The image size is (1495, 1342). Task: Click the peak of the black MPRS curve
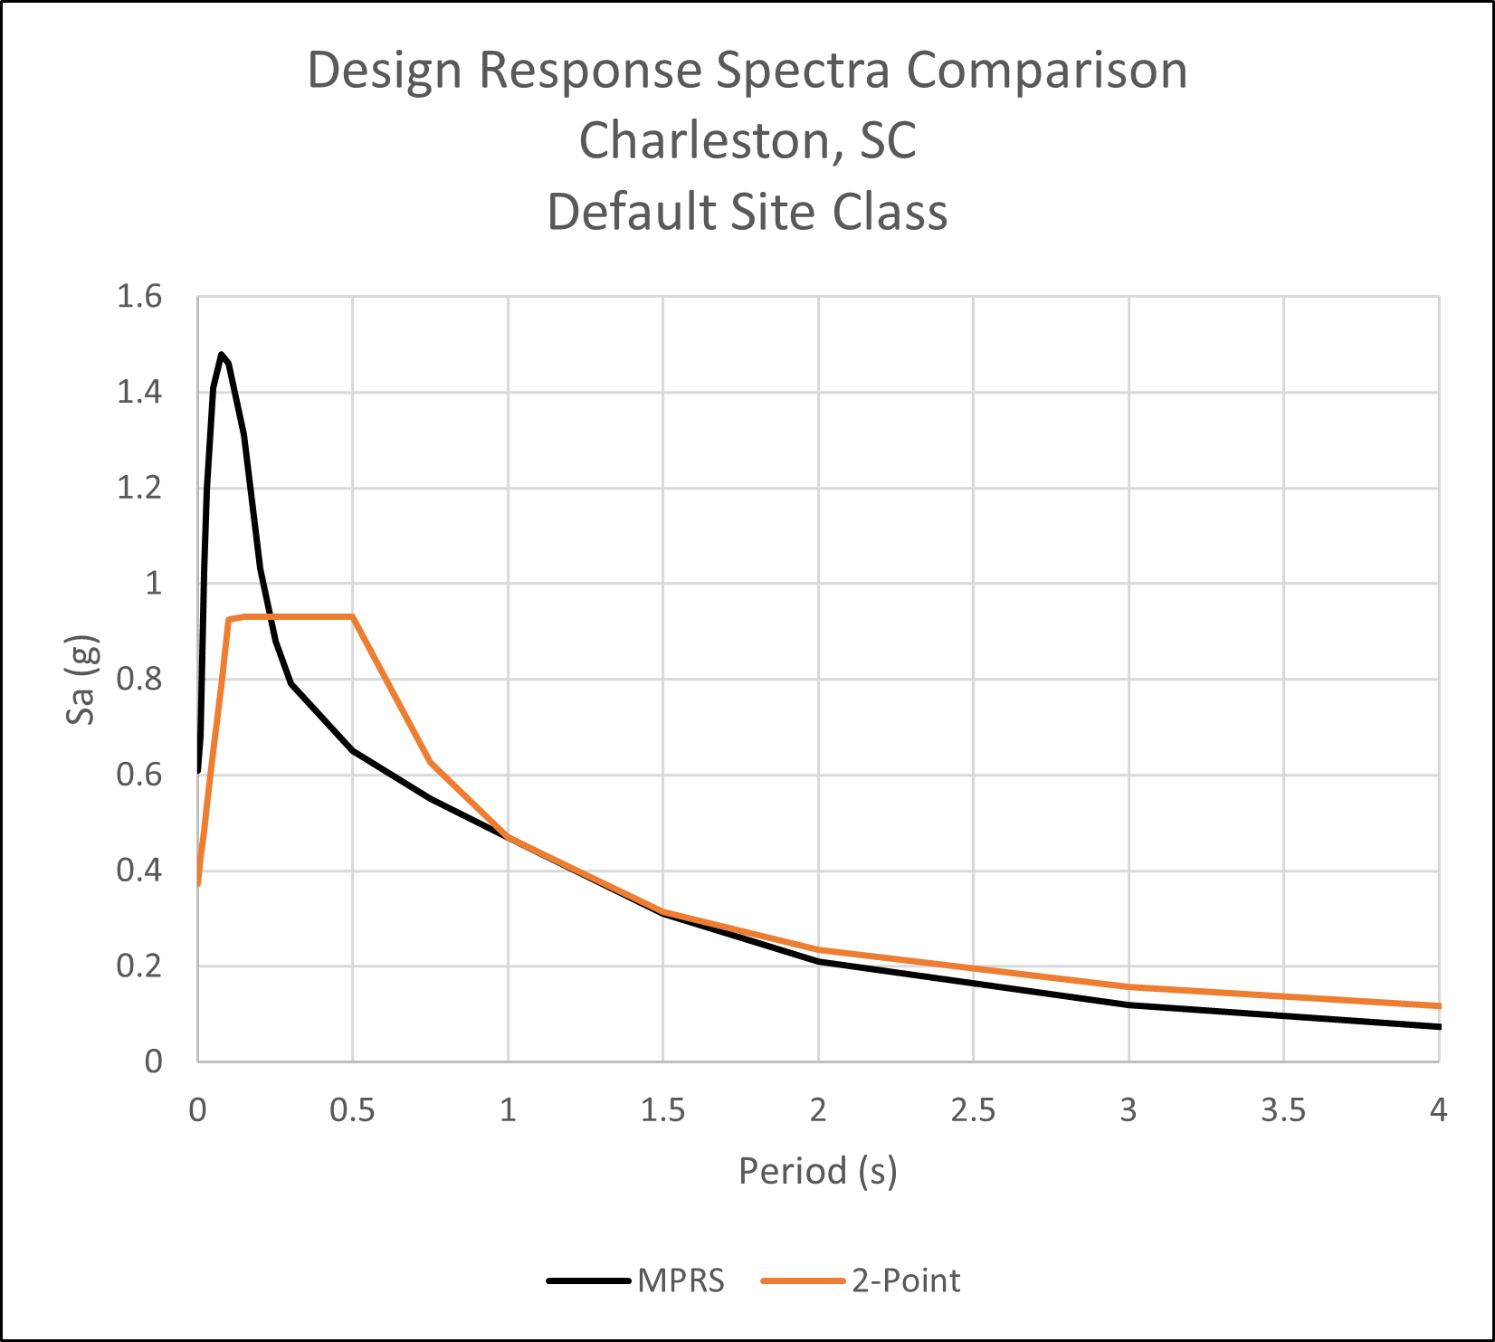tap(221, 354)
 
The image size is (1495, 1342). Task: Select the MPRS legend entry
tap(681, 1280)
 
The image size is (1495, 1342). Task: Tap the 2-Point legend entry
tap(906, 1280)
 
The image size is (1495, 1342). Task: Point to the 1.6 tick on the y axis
tap(139, 296)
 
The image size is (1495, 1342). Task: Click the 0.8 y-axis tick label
tap(139, 679)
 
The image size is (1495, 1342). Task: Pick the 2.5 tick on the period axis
tap(973, 1109)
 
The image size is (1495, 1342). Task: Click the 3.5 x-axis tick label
tap(1283, 1109)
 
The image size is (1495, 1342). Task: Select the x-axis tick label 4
tap(1438, 1109)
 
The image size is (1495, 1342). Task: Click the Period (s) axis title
tap(817, 1171)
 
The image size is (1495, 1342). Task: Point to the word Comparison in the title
tap(1047, 70)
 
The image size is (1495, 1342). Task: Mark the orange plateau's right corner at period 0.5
tap(353, 616)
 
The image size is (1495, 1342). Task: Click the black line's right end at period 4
tap(1438, 1026)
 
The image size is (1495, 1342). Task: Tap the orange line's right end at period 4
tap(1438, 1005)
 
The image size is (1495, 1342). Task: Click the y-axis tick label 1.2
tap(139, 488)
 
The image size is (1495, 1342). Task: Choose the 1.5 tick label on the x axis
tap(662, 1109)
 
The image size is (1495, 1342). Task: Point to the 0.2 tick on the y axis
tap(139, 966)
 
